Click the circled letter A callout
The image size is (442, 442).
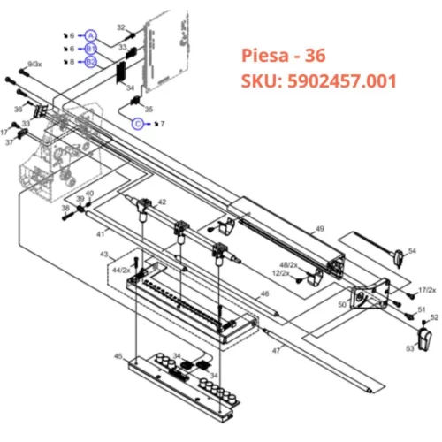tap(90, 34)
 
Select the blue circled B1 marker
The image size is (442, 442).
tap(90, 49)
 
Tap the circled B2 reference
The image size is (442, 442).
tap(90, 61)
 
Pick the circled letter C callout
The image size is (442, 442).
tap(138, 124)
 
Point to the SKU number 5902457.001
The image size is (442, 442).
tap(319, 81)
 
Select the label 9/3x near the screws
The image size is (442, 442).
tap(34, 65)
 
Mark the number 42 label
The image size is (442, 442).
tap(162, 202)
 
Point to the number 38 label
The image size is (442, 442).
tap(65, 209)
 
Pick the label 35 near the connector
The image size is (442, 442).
tap(149, 109)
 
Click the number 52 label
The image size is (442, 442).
tap(434, 317)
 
